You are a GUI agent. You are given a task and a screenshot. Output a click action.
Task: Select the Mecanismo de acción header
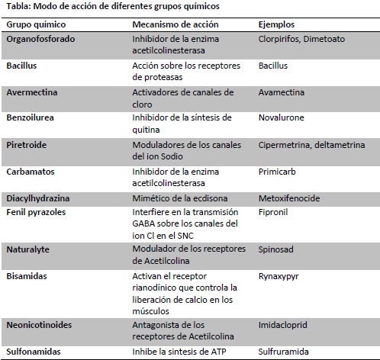(x=166, y=24)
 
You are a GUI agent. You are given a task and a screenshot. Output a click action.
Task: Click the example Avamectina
(x=282, y=92)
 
